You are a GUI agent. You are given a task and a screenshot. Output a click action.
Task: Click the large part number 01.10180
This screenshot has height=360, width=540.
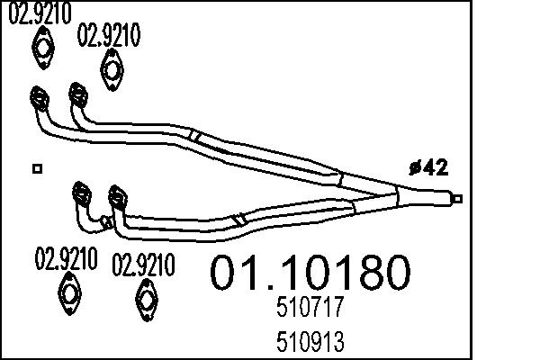(x=310, y=272)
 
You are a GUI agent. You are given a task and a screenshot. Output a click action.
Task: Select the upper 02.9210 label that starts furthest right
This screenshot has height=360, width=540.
(x=110, y=36)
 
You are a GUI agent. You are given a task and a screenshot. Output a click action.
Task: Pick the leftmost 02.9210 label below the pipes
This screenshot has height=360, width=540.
(x=66, y=259)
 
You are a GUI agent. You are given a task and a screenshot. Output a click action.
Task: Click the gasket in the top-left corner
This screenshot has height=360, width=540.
(x=40, y=47)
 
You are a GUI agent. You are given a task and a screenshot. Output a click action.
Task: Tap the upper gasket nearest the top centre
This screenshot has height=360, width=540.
(x=111, y=68)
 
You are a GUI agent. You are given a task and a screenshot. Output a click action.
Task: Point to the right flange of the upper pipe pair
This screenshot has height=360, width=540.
(x=78, y=94)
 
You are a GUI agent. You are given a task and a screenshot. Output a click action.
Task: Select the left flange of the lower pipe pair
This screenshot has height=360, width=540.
(x=81, y=192)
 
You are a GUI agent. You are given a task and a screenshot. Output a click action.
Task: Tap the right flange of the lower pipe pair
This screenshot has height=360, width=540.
(x=116, y=195)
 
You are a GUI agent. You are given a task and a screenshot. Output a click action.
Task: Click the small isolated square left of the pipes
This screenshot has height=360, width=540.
(x=36, y=168)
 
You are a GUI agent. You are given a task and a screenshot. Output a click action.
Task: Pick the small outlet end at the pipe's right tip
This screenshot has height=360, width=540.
(x=458, y=199)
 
